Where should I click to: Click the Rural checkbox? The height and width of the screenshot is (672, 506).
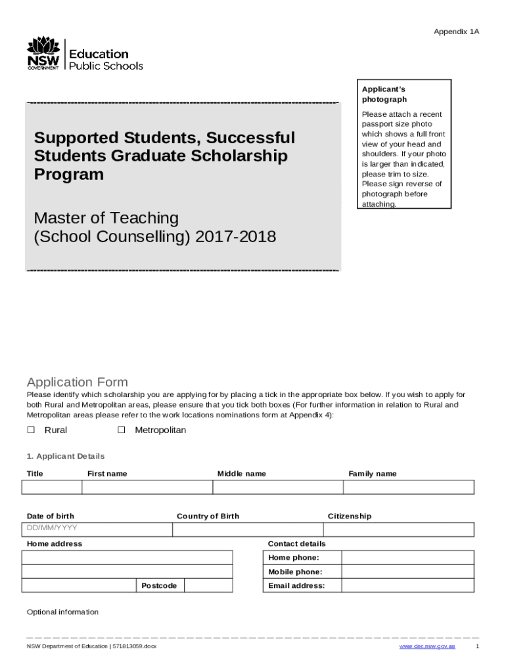[x=30, y=430]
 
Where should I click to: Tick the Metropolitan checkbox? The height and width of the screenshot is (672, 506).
[x=121, y=430]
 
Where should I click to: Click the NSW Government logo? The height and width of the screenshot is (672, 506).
[x=43, y=54]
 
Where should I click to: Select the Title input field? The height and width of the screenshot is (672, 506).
[x=51, y=487]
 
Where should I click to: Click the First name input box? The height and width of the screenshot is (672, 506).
[x=147, y=487]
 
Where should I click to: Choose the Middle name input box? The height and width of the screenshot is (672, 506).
[x=277, y=487]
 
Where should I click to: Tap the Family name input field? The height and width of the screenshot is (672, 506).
[x=408, y=487]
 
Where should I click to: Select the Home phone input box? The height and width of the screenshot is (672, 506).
[x=407, y=558]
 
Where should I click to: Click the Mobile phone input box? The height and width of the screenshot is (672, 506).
[x=407, y=572]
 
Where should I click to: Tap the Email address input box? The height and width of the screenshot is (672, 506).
[x=407, y=585]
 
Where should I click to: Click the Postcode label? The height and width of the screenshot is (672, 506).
[x=159, y=585]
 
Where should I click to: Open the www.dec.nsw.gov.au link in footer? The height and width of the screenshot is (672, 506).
[x=427, y=646]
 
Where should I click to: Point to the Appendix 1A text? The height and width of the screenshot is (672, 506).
[x=456, y=31]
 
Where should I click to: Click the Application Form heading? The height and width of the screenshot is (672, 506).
[x=77, y=382]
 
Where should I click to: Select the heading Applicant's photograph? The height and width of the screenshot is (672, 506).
[x=384, y=94]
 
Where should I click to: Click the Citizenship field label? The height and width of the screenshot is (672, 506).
[x=350, y=516]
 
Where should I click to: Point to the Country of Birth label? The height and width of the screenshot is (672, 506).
[x=208, y=516]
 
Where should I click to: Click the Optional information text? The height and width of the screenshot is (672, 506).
[x=62, y=612]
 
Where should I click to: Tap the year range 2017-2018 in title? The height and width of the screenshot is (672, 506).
[x=235, y=236]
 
